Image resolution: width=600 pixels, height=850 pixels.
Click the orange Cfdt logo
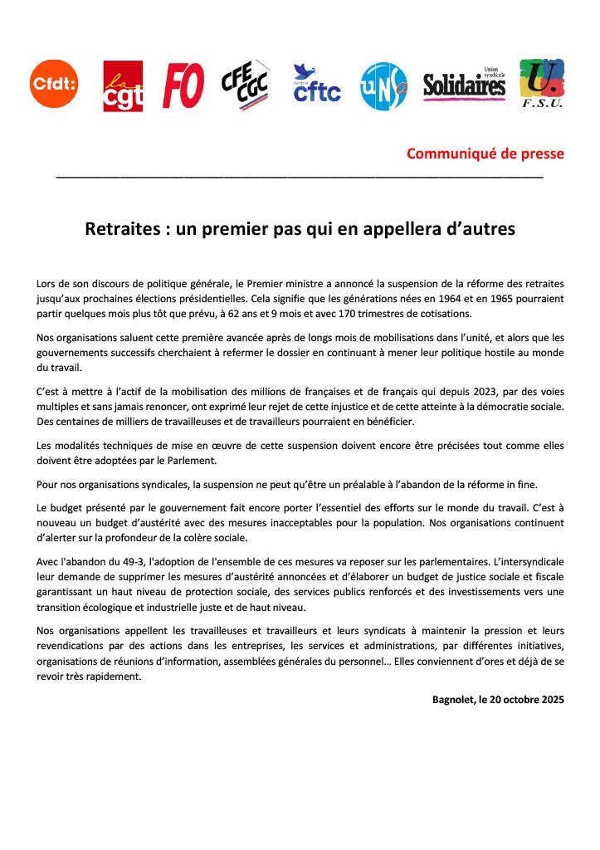[54, 84]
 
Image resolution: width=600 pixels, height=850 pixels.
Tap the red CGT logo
[123, 85]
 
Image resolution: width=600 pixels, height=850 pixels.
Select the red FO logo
[183, 85]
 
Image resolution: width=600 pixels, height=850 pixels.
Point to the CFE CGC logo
[246, 85]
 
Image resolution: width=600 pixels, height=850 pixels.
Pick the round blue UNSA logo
[383, 85]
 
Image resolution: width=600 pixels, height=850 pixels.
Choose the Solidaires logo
[464, 84]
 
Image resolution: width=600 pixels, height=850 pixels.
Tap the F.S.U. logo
[541, 83]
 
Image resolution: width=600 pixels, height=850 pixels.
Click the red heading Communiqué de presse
[485, 154]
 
